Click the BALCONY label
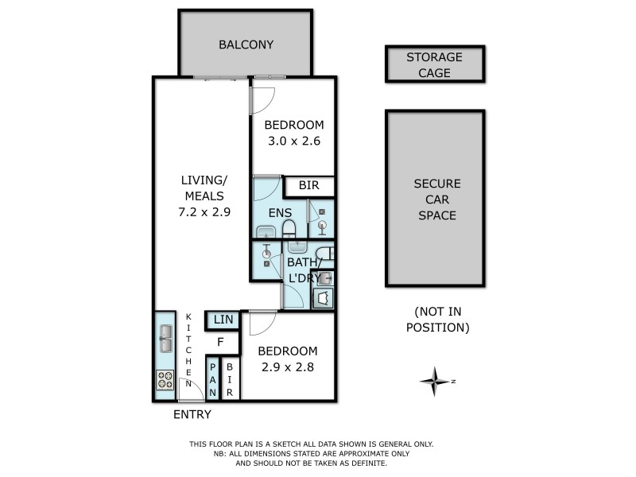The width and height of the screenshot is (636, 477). [246, 45]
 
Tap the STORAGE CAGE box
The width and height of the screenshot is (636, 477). [435, 64]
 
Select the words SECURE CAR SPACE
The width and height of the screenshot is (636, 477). [436, 199]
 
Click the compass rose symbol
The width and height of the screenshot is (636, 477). [435, 382]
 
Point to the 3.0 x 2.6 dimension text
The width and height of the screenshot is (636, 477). [294, 141]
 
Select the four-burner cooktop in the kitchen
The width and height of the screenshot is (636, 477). [165, 380]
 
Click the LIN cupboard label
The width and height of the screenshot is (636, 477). [223, 320]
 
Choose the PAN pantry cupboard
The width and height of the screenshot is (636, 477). [212, 379]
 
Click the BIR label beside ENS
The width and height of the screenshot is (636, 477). [309, 186]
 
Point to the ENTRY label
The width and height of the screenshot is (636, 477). [192, 414]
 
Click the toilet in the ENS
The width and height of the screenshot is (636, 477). [290, 233]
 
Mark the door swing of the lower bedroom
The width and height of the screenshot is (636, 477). [261, 322]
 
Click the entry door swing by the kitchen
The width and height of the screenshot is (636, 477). [188, 390]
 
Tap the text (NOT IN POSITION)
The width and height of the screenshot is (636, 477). [437, 320]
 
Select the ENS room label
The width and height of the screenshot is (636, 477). [279, 213]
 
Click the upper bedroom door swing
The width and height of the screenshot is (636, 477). [262, 97]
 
